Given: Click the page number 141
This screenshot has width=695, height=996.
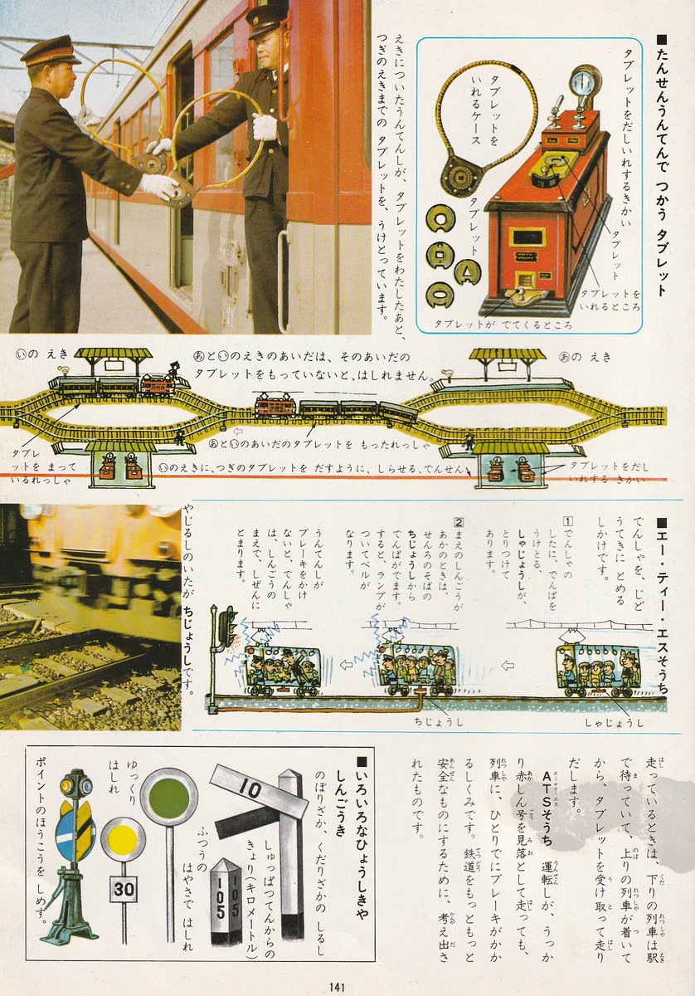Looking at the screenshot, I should tap(336, 986).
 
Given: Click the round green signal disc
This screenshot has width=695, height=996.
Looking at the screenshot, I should tap(168, 797).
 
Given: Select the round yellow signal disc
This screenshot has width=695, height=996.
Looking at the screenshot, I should tap(124, 839).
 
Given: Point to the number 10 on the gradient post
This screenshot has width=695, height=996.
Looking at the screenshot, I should tap(250, 785).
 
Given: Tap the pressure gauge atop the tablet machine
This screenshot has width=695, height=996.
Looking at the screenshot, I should tap(585, 84).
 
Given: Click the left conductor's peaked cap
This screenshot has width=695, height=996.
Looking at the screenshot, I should tap(50, 51).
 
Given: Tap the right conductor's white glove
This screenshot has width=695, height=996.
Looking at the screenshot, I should tap(265, 127).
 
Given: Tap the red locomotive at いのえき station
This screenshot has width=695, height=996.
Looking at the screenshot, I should tap(158, 383).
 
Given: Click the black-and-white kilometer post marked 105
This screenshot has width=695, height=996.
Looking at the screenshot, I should tap(226, 901).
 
